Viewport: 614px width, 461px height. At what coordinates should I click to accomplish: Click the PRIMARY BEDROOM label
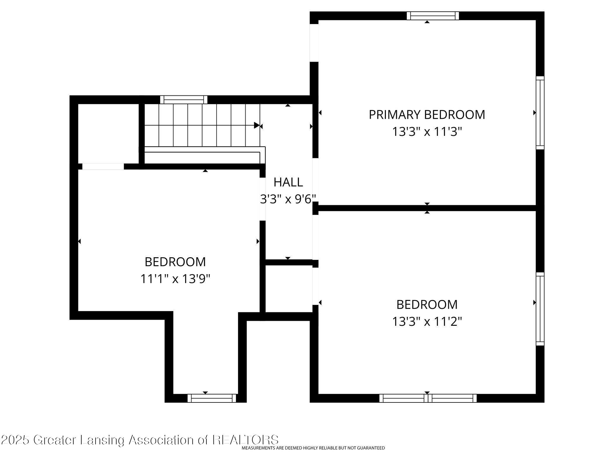click(427, 114)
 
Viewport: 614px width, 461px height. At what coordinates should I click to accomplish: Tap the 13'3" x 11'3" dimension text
click(427, 132)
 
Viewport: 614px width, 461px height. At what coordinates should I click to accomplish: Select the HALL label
click(288, 182)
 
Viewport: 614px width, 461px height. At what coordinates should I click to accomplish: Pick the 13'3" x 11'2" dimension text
click(427, 322)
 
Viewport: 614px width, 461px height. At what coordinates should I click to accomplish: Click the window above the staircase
click(184, 100)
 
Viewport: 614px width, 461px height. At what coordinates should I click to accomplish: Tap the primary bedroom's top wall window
click(433, 16)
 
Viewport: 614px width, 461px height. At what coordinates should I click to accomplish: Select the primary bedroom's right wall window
click(540, 113)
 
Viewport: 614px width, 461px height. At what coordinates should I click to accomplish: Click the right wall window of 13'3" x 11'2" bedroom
click(540, 309)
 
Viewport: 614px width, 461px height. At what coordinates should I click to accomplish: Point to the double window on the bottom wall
click(428, 398)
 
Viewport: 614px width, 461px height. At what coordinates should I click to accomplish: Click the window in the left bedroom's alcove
click(212, 398)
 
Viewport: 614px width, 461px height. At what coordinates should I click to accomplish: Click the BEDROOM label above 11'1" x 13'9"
click(175, 262)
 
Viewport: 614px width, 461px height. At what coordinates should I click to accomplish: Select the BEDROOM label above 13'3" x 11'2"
click(427, 305)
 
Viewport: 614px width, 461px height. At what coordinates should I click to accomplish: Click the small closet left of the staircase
click(108, 133)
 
